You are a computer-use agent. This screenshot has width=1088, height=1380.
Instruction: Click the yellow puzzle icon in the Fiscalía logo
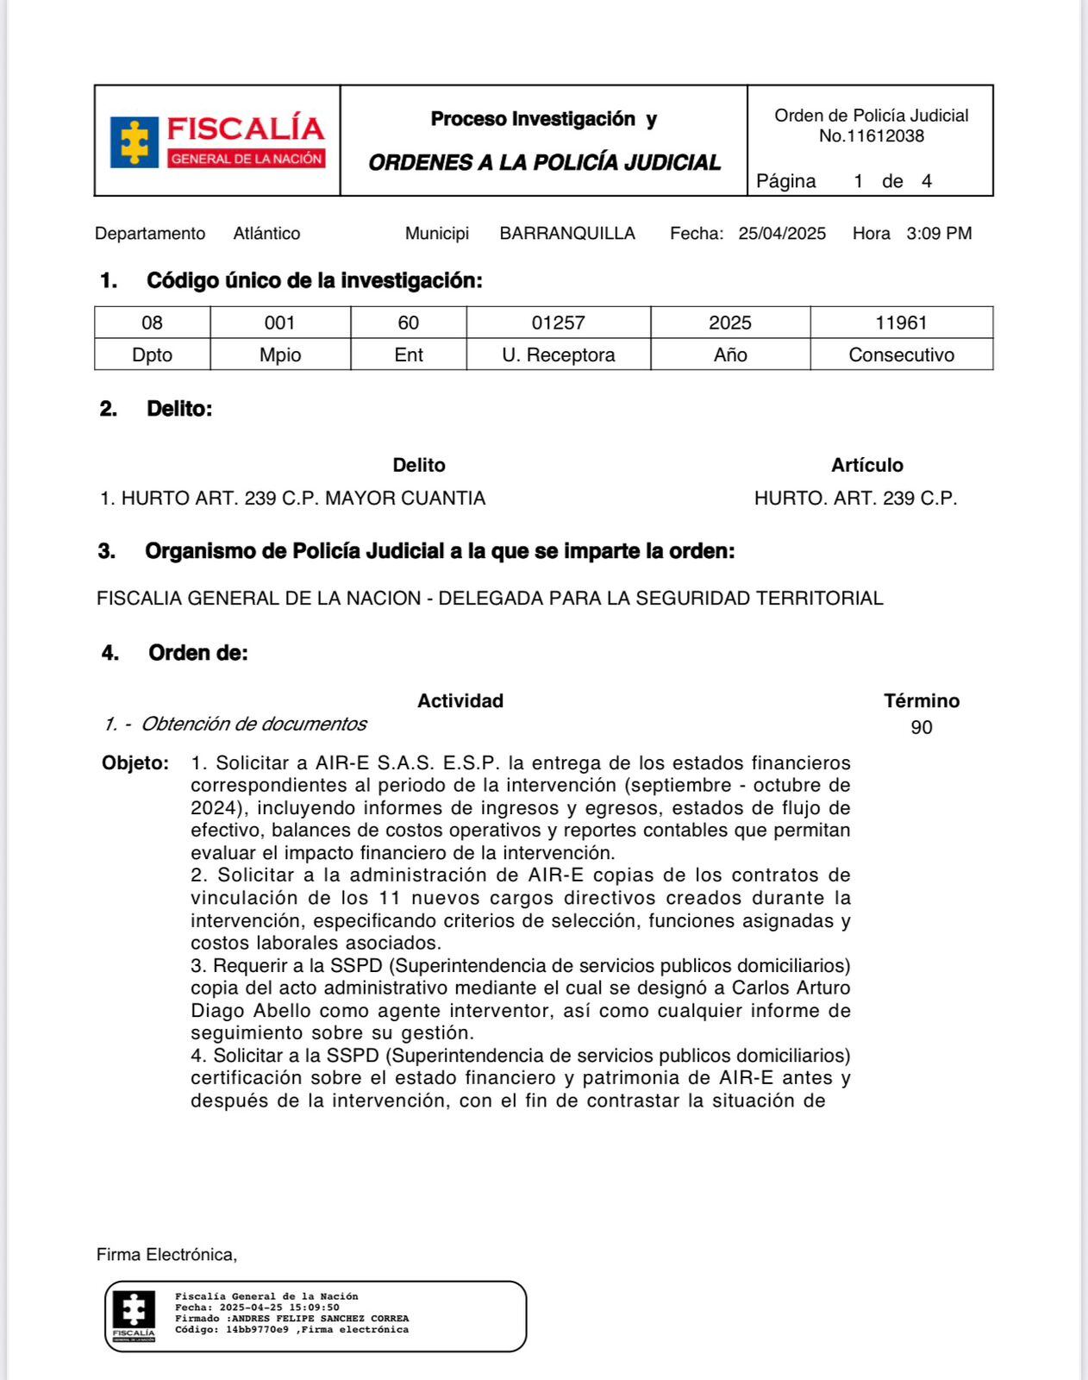click(x=134, y=141)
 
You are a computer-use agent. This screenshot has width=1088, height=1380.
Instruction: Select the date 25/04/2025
click(x=782, y=234)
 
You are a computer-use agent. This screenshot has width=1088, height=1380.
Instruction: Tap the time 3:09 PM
click(x=939, y=234)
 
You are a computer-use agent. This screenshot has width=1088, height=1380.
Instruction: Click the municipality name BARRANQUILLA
click(x=567, y=234)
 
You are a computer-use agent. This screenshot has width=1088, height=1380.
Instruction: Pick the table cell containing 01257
click(x=558, y=323)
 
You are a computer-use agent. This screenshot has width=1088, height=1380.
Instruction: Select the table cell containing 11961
click(x=901, y=323)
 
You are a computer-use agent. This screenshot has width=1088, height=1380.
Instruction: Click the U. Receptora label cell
click(x=558, y=355)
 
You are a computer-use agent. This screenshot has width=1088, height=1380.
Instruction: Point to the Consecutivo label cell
click(x=901, y=355)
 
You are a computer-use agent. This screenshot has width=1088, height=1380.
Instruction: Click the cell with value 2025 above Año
click(x=729, y=323)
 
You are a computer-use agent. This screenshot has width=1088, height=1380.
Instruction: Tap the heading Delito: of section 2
click(x=179, y=409)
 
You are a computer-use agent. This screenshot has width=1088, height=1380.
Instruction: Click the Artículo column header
click(x=866, y=466)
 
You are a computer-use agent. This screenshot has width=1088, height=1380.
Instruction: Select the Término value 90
click(x=921, y=728)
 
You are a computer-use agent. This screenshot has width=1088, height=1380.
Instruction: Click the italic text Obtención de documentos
click(x=253, y=724)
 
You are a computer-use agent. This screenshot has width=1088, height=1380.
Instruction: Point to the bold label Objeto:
click(x=135, y=763)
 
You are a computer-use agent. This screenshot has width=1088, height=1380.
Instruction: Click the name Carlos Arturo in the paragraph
click(x=791, y=988)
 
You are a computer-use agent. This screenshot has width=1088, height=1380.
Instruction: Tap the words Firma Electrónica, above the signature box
click(x=166, y=1255)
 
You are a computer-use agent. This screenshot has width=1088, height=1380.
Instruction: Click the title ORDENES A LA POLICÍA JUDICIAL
click(x=544, y=163)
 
